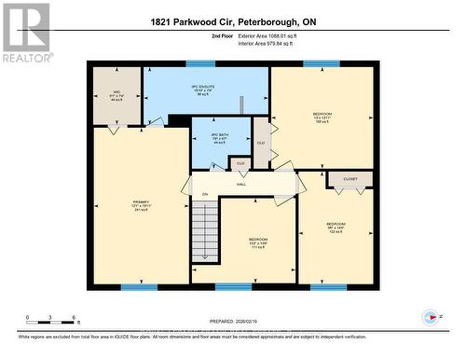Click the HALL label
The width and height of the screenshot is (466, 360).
click(240, 184)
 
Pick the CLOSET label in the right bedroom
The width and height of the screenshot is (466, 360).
click(349, 177)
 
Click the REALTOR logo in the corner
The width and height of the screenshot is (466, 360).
click(25, 32)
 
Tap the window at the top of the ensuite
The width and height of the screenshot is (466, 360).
click(200, 63)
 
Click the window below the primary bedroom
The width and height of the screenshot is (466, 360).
click(138, 287)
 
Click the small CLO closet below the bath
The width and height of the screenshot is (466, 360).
click(240, 163)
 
